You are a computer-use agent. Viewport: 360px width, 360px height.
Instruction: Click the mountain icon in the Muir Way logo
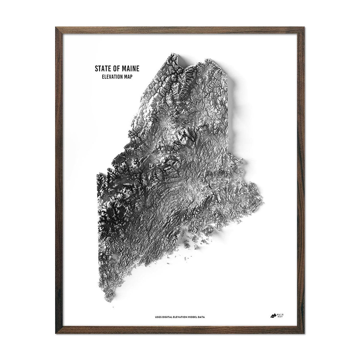(x=273, y=315)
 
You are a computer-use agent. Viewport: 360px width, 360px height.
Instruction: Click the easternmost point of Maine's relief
(x=263, y=199)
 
